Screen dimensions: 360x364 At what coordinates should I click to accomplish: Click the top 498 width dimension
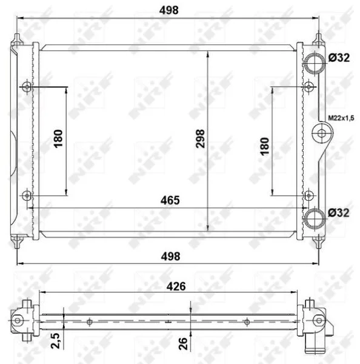pos(169,10)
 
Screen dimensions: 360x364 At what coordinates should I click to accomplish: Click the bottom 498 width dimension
pos(170,256)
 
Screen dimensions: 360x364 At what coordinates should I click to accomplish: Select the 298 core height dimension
pos(200,138)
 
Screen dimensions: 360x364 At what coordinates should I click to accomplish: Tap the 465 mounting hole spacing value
pos(170,200)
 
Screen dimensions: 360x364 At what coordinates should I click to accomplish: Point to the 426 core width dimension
pos(176,286)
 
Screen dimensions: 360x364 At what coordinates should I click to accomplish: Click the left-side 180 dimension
pos(58,138)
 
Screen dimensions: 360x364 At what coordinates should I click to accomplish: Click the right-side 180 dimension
pos(264,146)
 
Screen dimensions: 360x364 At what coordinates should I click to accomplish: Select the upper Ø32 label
pos(339,58)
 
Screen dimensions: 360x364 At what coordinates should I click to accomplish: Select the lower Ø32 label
pos(339,213)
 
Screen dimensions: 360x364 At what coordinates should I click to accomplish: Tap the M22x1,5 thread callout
pos(341,118)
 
